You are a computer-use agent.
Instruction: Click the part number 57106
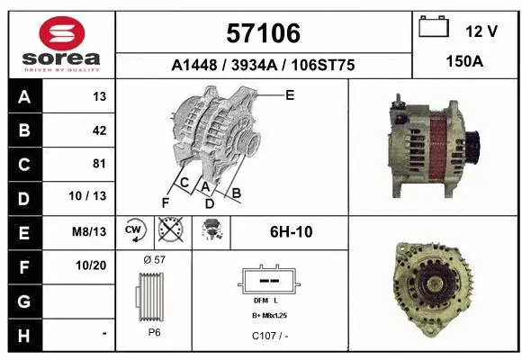pyautogui.click(x=263, y=34)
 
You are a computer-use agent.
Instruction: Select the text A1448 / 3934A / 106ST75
pyautogui.click(x=263, y=65)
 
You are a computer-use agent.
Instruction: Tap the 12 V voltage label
pyautogui.click(x=481, y=31)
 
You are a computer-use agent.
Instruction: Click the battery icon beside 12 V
pyautogui.click(x=435, y=28)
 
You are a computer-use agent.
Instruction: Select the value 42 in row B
pyautogui.click(x=99, y=130)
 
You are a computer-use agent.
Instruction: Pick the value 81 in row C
pyautogui.click(x=99, y=164)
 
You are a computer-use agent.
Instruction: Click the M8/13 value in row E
pyautogui.click(x=93, y=231)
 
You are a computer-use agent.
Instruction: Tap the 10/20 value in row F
pyautogui.click(x=93, y=265)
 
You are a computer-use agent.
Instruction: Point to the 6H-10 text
pyautogui.click(x=291, y=231)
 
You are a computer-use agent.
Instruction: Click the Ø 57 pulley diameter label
pyautogui.click(x=154, y=259)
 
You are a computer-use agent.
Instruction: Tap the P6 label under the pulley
pyautogui.click(x=154, y=331)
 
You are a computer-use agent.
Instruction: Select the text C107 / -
pyautogui.click(x=270, y=335)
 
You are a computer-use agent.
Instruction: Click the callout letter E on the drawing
pyautogui.click(x=290, y=94)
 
